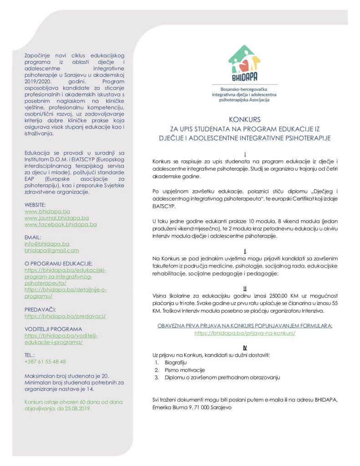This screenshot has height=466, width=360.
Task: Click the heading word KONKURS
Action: tap(245, 120)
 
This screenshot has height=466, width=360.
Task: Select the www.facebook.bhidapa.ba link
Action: tap(61, 224)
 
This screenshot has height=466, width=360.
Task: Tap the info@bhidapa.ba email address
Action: tap(47, 244)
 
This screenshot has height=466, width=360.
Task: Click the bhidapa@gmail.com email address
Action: tap(51, 250)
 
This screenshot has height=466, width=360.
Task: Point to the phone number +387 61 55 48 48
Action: tap(45, 361)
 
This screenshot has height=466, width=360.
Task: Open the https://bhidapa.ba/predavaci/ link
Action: tap(65, 316)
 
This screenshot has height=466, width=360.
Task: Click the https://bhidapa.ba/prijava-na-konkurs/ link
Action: tap(245, 333)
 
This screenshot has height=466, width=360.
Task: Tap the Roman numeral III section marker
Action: tap(245, 289)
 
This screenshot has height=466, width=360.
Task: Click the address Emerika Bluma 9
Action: tap(172, 408)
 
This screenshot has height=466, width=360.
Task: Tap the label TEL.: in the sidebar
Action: tap(30, 355)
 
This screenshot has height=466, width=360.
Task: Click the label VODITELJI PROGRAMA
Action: tap(53, 329)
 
